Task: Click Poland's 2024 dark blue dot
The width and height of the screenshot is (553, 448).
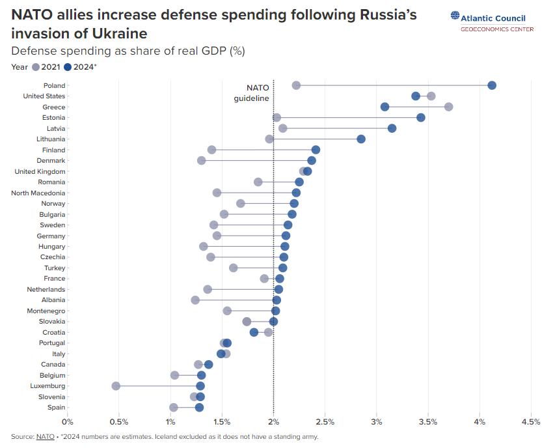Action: (x=492, y=85)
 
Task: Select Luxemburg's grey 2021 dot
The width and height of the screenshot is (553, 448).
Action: (x=116, y=386)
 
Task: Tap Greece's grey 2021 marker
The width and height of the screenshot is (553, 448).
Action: (x=448, y=107)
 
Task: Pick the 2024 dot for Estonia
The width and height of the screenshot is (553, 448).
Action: (x=421, y=117)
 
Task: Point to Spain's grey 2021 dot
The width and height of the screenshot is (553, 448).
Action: (x=174, y=408)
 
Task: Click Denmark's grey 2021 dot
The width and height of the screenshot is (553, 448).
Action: (x=201, y=160)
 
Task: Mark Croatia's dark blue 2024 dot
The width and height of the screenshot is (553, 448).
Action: (x=254, y=332)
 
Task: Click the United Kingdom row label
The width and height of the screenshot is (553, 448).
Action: (x=40, y=171)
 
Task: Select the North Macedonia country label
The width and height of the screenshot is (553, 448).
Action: (x=38, y=193)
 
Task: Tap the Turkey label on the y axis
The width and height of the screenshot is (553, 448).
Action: (x=54, y=268)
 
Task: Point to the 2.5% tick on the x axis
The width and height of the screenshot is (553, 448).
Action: (x=325, y=422)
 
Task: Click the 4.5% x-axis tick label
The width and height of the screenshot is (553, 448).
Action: (x=531, y=422)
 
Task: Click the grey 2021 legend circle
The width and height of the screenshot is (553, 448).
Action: (x=36, y=66)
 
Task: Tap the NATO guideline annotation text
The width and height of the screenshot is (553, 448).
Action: (x=252, y=93)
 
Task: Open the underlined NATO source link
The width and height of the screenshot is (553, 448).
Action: (x=45, y=436)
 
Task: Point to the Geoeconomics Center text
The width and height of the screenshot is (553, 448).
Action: (x=497, y=29)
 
